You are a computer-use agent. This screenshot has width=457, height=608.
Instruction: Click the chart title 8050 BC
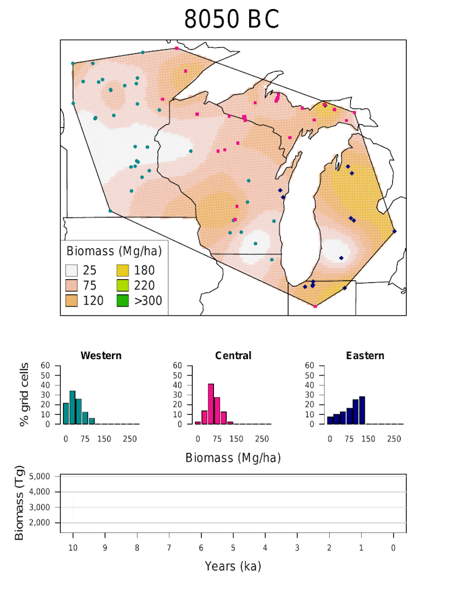click(232, 20)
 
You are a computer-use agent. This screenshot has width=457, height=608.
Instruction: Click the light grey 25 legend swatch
click(73, 271)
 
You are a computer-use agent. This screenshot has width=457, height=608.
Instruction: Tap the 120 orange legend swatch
click(73, 300)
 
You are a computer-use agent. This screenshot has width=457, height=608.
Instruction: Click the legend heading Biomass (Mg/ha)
click(113, 251)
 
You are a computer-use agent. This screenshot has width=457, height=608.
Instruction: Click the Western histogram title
click(101, 355)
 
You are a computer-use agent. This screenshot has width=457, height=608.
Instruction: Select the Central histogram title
click(233, 355)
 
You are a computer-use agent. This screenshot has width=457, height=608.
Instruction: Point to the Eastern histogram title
click(365, 355)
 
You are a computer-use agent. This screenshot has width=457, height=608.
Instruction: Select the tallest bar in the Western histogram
click(72, 408)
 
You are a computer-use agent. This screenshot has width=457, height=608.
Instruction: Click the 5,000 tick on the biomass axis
click(43, 477)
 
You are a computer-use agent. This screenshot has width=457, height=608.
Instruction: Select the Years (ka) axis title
click(233, 567)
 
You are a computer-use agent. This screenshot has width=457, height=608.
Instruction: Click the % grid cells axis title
click(24, 394)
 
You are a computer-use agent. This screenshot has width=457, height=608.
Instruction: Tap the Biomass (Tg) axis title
click(21, 503)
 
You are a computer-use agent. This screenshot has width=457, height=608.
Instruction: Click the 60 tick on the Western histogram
click(54, 366)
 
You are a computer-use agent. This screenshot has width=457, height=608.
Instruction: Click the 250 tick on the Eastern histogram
click(395, 438)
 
